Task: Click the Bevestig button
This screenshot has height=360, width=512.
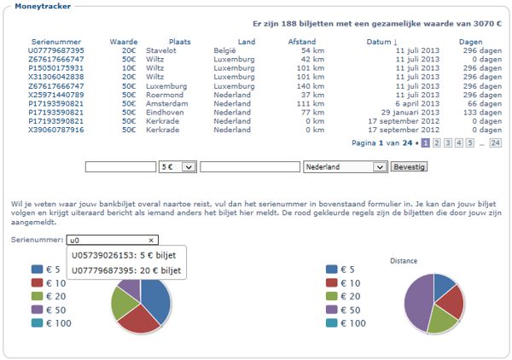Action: (408, 166)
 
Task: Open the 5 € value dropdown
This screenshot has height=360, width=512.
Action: (177, 167)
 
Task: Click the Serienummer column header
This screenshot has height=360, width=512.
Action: (55, 42)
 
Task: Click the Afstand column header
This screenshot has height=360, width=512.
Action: (302, 42)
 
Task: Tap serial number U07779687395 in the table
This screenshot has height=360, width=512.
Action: (55, 50)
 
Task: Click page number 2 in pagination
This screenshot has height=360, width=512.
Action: (436, 142)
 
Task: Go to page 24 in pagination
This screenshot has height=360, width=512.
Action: (495, 142)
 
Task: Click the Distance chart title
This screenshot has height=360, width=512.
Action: (404, 259)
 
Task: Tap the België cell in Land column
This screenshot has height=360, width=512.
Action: (225, 50)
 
